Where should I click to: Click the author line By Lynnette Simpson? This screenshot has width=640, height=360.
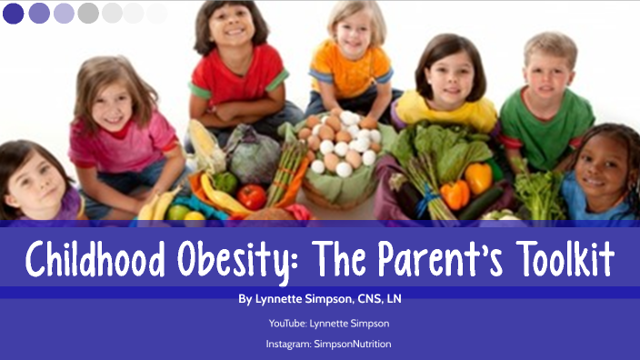(x=321, y=298)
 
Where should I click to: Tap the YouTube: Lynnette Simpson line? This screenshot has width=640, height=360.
(x=321, y=323)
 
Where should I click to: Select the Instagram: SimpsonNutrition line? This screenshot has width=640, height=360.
(x=321, y=345)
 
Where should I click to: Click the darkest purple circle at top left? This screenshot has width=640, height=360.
(x=14, y=13)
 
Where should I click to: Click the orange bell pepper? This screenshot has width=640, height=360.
(x=455, y=193)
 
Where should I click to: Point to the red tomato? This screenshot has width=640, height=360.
(x=252, y=196)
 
